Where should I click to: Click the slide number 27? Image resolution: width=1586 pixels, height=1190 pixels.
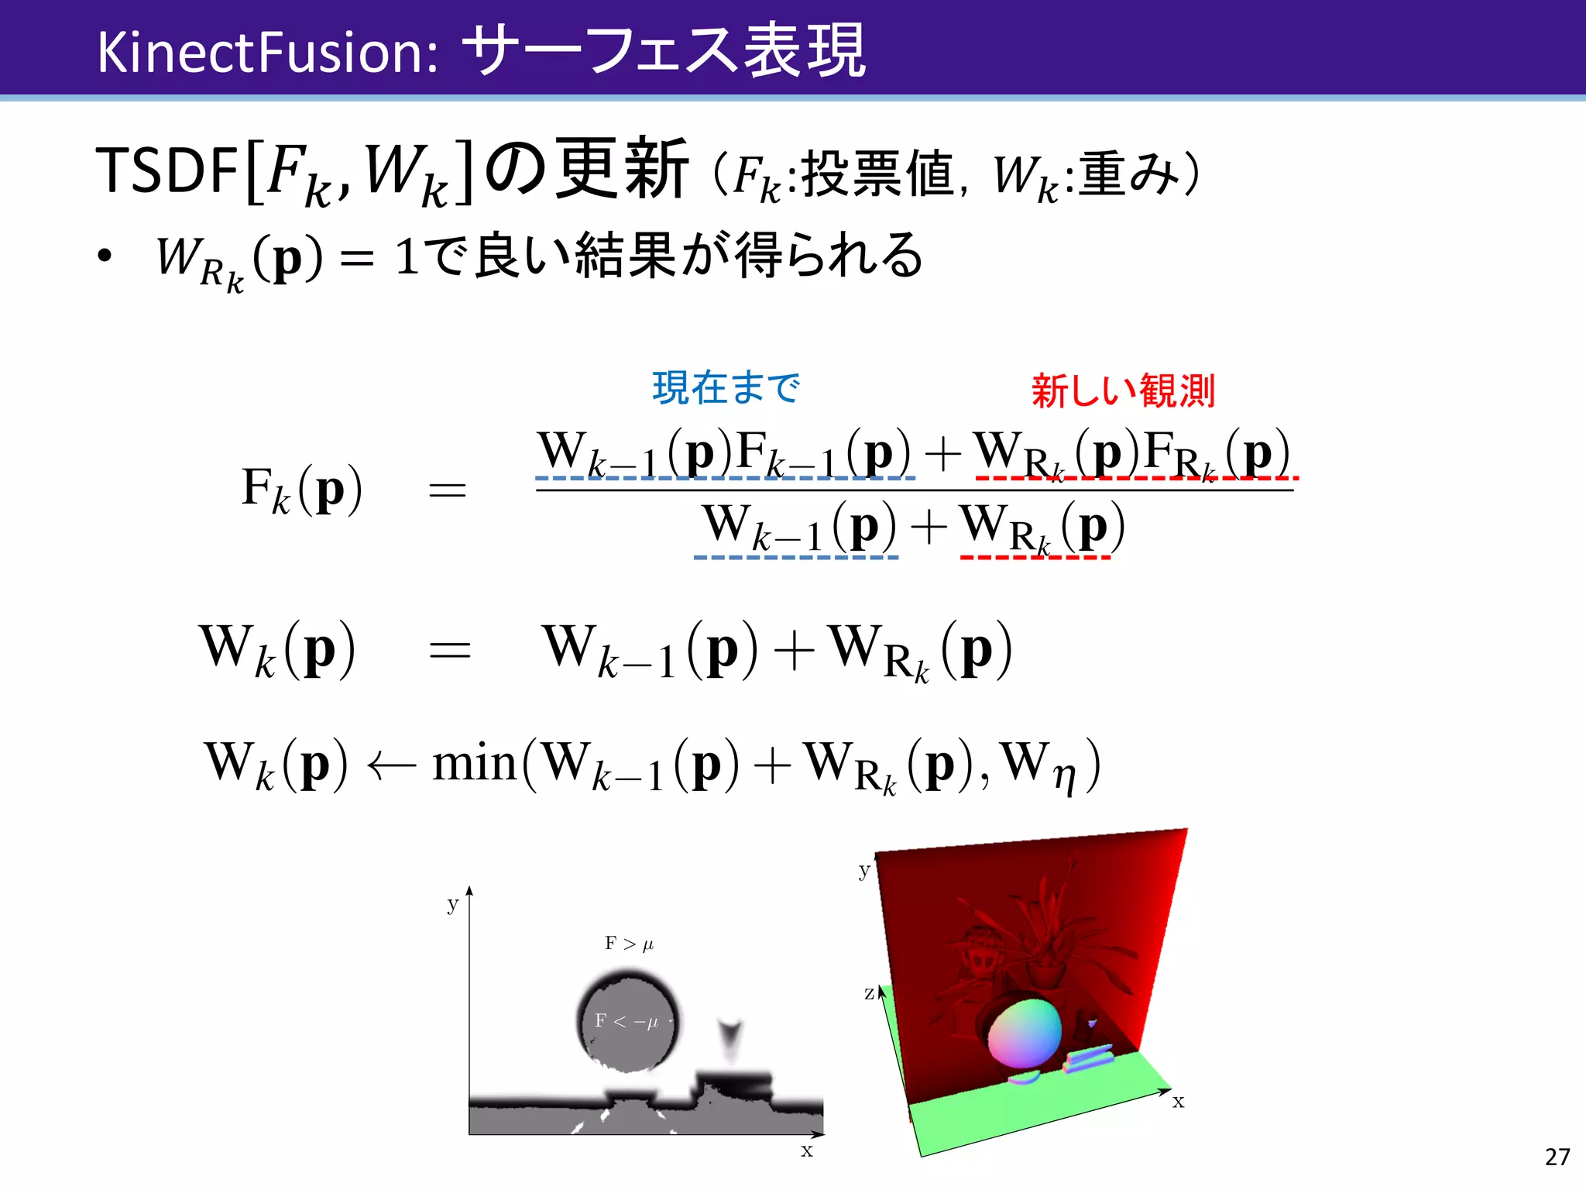click(1557, 1157)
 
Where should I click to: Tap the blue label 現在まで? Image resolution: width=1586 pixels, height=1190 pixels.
click(726, 387)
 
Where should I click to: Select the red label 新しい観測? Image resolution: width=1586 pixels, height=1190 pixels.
click(1122, 390)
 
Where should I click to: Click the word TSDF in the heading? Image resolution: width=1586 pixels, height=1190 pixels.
click(166, 170)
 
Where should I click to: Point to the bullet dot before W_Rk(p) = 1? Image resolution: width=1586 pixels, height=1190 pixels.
click(105, 256)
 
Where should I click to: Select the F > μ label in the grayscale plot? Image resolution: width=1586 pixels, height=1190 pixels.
click(629, 944)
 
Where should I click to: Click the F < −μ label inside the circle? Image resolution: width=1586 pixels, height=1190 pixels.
click(626, 1021)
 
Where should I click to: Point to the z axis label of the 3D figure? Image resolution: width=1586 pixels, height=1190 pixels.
click(870, 992)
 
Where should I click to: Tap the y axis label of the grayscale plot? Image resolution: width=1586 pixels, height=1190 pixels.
click(453, 904)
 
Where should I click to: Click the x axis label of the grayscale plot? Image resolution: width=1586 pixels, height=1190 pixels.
click(806, 1150)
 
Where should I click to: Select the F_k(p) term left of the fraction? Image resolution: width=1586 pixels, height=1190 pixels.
click(301, 490)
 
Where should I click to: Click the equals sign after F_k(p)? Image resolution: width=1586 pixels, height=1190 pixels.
click(448, 490)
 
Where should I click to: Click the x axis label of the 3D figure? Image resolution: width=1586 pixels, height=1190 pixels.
click(1178, 1102)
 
